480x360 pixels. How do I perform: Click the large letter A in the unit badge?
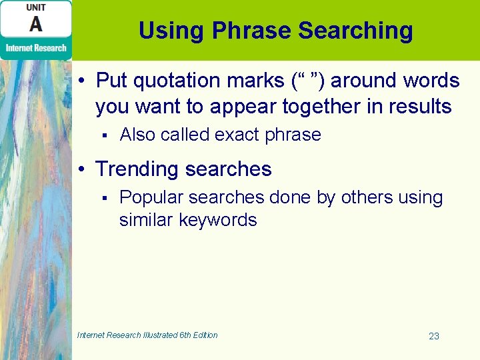point(36,24)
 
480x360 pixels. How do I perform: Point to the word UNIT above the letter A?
point(36,7)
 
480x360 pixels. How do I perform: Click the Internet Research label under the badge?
point(36,48)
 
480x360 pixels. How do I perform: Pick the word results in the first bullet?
point(419,106)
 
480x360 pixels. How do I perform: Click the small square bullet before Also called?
point(105,135)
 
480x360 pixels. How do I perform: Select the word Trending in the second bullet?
point(137,169)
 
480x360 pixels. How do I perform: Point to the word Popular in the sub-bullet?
point(151,197)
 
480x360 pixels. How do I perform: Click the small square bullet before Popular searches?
point(105,198)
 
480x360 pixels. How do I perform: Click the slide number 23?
point(434,336)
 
